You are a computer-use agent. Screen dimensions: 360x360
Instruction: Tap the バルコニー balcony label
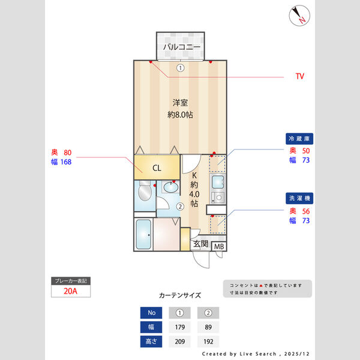[x=180, y=46]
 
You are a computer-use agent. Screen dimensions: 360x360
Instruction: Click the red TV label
[x=299, y=77]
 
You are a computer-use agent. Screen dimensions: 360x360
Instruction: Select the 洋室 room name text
[x=180, y=102]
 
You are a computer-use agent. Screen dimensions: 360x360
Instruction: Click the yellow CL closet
[x=156, y=168]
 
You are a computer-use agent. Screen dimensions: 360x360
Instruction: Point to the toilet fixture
[x=144, y=193]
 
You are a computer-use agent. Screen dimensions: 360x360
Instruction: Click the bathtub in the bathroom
[x=143, y=235]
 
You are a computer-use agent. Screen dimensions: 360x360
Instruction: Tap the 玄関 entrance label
[x=200, y=244]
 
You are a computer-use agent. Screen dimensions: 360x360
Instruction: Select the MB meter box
[x=219, y=246]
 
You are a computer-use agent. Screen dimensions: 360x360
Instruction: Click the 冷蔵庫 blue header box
[x=300, y=138]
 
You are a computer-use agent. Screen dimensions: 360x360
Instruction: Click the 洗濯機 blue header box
[x=300, y=197]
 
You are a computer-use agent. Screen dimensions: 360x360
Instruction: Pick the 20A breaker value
[x=70, y=292]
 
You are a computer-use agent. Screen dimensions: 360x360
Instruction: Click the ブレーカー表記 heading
[x=70, y=281]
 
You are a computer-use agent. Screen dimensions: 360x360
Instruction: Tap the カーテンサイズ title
[x=180, y=295]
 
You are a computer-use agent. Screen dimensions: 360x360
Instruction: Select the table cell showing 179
[x=180, y=327]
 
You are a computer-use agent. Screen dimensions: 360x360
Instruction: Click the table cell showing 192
[x=208, y=342]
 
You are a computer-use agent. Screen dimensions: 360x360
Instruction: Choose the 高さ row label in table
[x=151, y=342]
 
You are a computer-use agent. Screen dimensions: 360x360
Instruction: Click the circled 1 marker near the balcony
[x=179, y=68]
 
